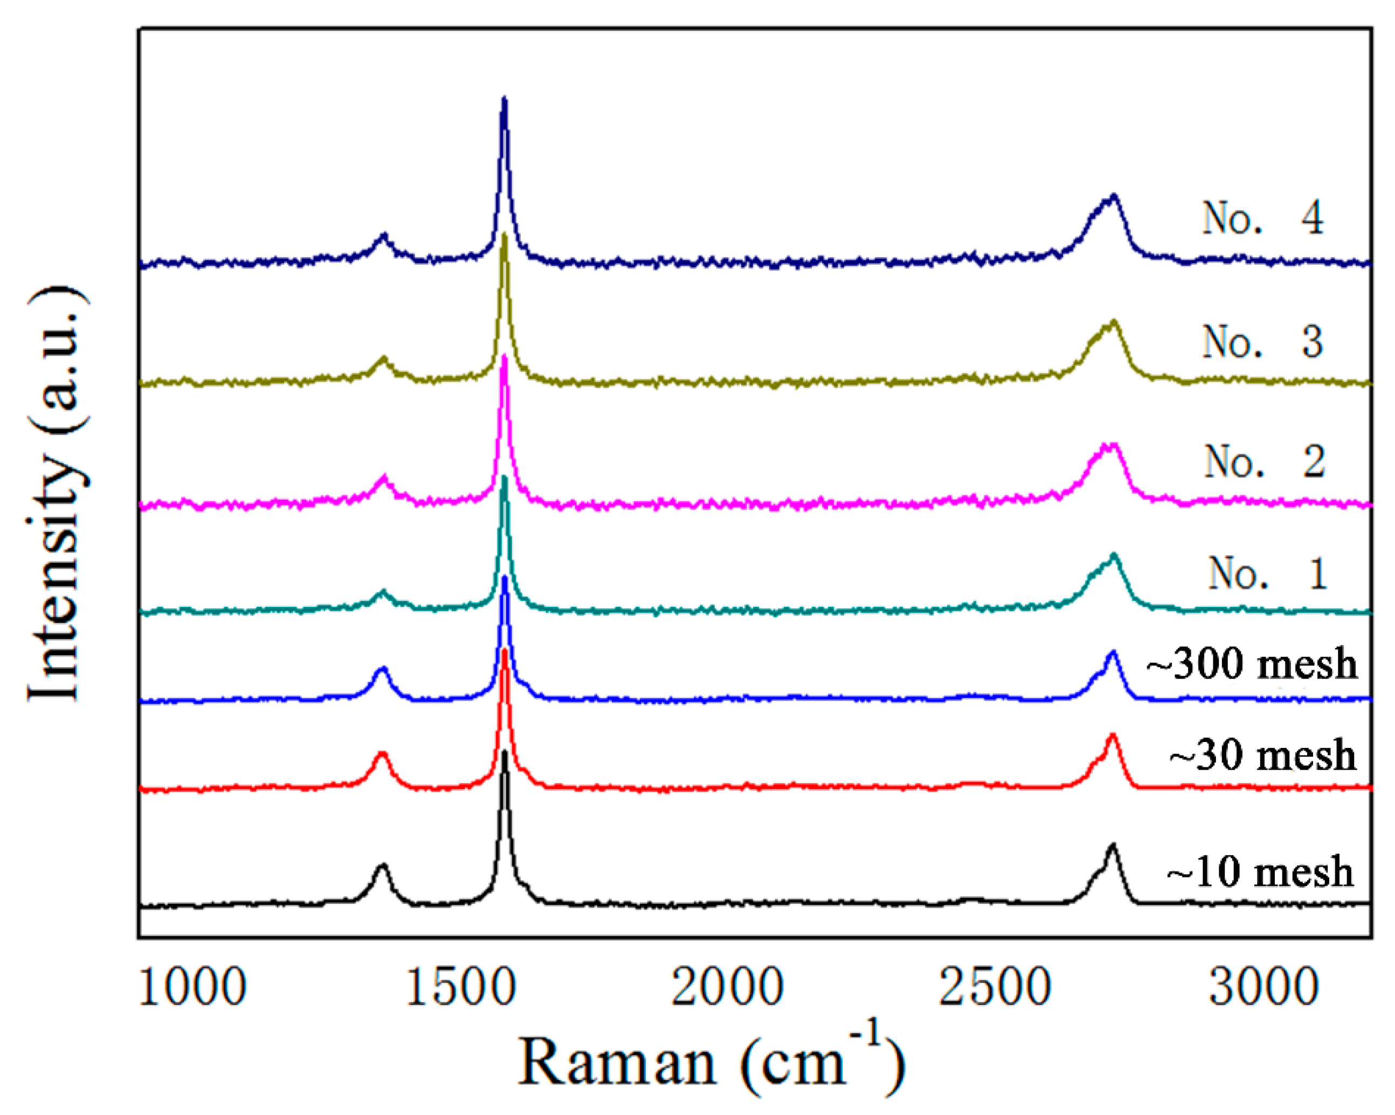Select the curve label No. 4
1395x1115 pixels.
click(x=1262, y=219)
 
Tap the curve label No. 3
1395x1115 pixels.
click(x=1262, y=342)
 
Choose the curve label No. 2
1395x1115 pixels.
click(x=1263, y=462)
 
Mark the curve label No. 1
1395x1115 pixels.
click(x=1267, y=574)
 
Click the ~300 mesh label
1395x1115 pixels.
click(x=1252, y=664)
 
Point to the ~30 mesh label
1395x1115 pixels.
click(x=1262, y=755)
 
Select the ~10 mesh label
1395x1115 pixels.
click(x=1260, y=872)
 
